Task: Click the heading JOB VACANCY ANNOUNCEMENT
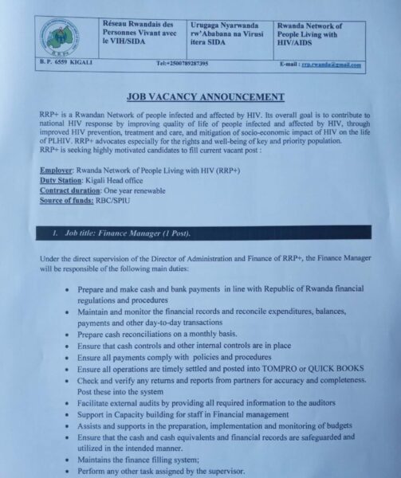[206, 97]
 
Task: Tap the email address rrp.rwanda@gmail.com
[331, 65]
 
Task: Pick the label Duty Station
[60, 181]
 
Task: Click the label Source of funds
[68, 202]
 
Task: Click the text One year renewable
[143, 191]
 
